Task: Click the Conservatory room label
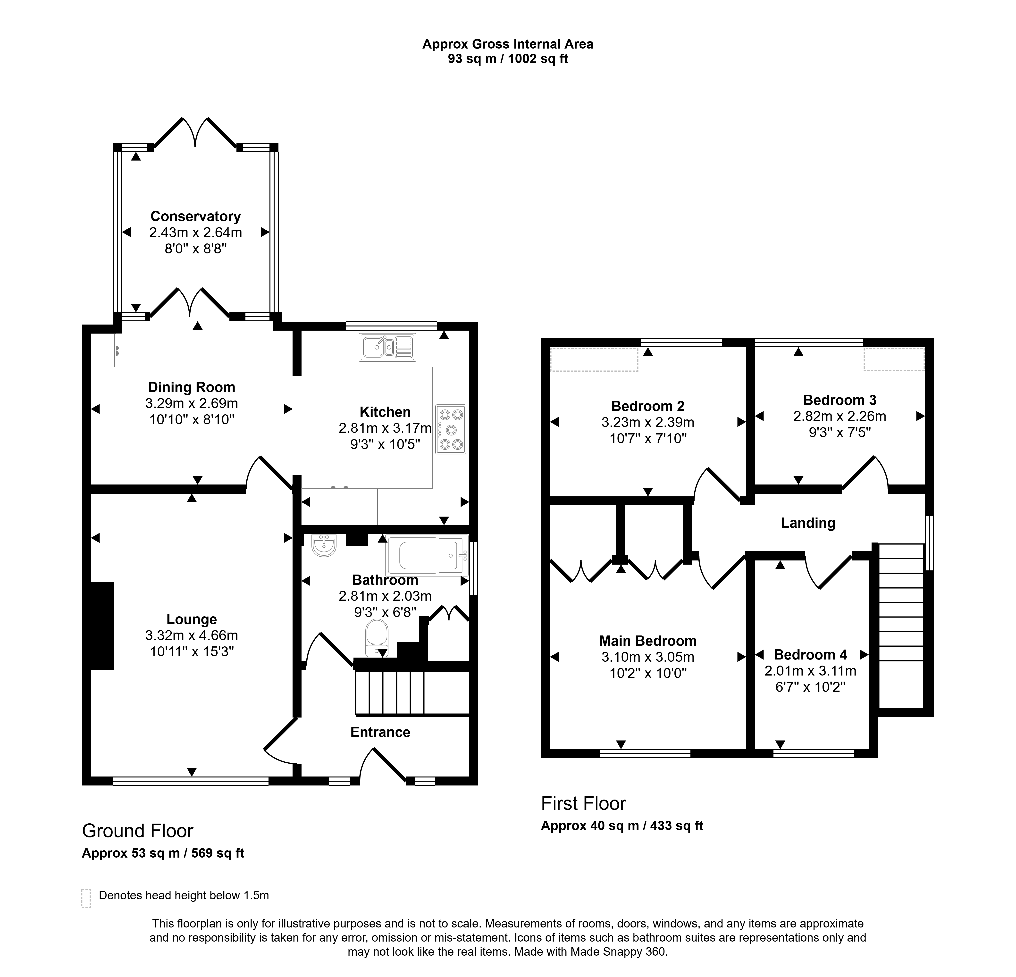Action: [195, 216]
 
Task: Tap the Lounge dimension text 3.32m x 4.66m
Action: [192, 635]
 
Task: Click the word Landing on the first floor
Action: [808, 523]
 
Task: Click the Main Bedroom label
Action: [648, 641]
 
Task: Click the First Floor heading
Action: [584, 803]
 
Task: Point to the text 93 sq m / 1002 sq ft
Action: [508, 58]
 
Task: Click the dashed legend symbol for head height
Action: [86, 898]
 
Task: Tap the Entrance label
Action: [380, 732]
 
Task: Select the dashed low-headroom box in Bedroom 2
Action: [594, 360]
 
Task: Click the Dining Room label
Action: [192, 387]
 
